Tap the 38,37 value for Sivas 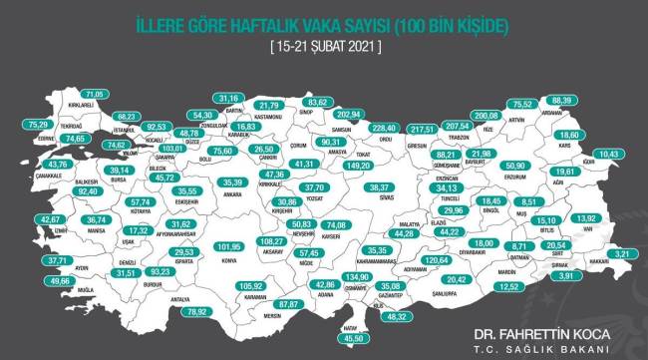click(x=383, y=187)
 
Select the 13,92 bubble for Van click(x=587, y=218)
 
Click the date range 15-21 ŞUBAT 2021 click(x=324, y=47)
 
